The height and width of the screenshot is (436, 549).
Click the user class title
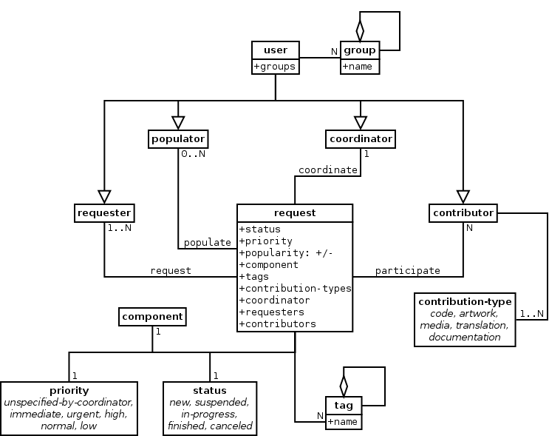click(275, 50)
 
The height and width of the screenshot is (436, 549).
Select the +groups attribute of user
click(275, 67)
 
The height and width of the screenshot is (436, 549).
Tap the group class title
click(360, 50)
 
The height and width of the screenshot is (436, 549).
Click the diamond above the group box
click(360, 31)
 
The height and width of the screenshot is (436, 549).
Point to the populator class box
click(177, 138)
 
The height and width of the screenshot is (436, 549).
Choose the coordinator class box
click(360, 138)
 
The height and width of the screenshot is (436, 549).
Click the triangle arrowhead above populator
click(177, 121)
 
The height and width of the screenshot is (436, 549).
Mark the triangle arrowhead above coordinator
click(360, 121)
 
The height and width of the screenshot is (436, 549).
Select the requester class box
click(104, 212)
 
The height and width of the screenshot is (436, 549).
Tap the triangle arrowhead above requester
click(104, 195)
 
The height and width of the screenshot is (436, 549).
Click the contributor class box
click(463, 212)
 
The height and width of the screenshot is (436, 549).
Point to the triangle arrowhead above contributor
click(463, 195)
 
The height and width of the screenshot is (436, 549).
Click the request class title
click(294, 212)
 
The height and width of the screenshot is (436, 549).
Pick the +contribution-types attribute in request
click(295, 288)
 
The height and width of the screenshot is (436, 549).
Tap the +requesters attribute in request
click(271, 312)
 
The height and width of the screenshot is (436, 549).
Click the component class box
click(152, 316)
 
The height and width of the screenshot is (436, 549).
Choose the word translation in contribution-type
click(481, 325)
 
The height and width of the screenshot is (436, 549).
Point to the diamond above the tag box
click(344, 386)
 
